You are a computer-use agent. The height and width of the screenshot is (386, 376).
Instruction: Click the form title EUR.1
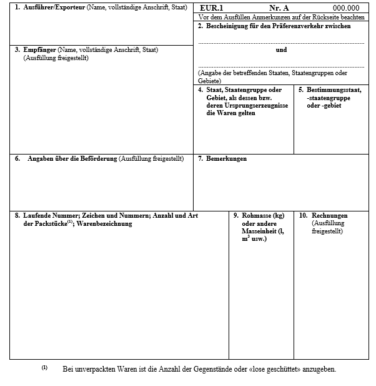[212, 8]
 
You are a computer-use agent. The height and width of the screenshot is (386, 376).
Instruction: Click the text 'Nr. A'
[279, 8]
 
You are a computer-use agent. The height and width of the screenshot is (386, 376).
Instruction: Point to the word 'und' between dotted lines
[281, 49]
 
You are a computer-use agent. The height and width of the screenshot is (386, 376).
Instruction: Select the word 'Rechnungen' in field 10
[329, 216]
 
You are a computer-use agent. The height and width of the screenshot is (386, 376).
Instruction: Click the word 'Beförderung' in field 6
[99, 158]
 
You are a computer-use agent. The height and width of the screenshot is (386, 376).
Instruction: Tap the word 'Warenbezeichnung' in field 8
[104, 223]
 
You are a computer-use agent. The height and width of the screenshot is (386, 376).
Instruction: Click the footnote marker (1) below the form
[45, 367]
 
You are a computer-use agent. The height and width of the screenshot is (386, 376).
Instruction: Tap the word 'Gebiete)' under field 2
[210, 81]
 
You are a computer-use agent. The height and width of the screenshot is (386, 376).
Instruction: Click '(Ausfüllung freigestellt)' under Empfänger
[56, 58]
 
